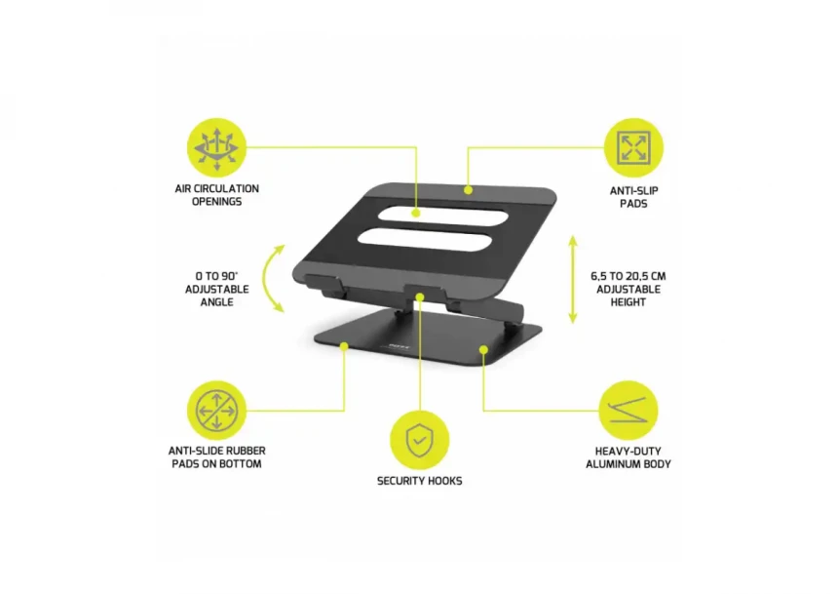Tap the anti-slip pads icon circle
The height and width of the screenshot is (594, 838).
point(633,148)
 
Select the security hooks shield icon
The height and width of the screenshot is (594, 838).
point(419,440)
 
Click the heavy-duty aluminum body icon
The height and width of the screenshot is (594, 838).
point(628,411)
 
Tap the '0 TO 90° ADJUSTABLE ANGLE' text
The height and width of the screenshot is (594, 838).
point(216,289)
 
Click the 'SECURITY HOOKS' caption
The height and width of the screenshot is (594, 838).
point(419,481)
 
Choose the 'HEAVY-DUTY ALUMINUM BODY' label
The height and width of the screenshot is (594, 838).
point(628,457)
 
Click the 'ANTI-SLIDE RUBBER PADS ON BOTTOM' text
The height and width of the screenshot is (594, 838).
point(216,457)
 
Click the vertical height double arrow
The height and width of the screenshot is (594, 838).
point(573,279)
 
